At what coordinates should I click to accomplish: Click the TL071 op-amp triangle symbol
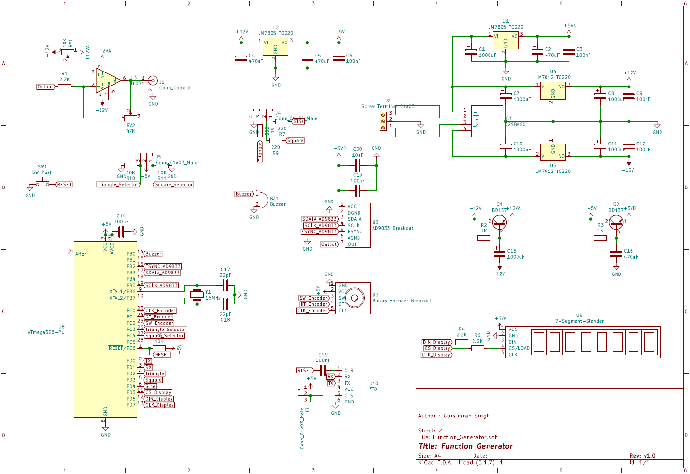[107, 80]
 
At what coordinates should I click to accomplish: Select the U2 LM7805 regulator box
[275, 47]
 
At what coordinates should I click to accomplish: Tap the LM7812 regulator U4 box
[553, 91]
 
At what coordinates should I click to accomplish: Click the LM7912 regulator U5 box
[553, 152]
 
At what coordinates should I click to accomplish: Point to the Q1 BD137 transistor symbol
[500, 222]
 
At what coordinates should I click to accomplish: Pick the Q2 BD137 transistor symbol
[616, 222]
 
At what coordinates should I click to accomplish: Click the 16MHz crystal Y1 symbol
[197, 295]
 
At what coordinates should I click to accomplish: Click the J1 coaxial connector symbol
[153, 81]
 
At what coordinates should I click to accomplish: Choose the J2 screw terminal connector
[383, 121]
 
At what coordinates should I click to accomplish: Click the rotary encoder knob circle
[355, 298]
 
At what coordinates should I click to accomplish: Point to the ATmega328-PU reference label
[46, 332]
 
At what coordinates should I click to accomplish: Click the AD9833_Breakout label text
[392, 228]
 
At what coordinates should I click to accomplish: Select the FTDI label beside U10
[374, 389]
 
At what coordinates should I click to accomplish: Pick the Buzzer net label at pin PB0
[153, 254]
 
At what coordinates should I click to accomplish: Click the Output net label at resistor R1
[45, 87]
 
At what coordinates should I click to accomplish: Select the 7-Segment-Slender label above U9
[579, 321]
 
